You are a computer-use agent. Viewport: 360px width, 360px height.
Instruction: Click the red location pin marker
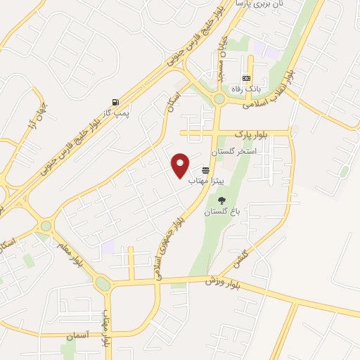pyautogui.click(x=181, y=165)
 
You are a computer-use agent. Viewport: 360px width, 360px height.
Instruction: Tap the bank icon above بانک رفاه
pyautogui.click(x=246, y=77)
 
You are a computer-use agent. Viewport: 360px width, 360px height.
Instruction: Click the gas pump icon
pyautogui.click(x=115, y=103)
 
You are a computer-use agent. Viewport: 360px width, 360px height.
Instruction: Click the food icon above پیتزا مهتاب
pyautogui.click(x=206, y=170)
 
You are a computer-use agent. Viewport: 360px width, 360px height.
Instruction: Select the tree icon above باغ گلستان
pyautogui.click(x=222, y=201)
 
